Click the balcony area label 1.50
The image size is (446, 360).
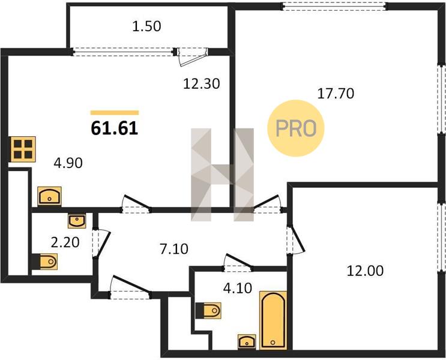click(147, 26)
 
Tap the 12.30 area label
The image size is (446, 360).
click(201, 84)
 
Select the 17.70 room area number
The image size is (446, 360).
click(336, 94)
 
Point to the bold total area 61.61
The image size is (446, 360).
click(115, 128)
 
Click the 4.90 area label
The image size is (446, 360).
click(68, 163)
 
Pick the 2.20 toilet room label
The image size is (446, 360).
click(65, 242)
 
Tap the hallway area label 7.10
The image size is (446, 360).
click(174, 250)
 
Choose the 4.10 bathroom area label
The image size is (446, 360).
click(238, 289)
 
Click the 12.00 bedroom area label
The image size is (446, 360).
click(365, 271)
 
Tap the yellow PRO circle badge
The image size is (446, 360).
click(296, 128)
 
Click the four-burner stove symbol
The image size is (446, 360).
click(23, 149)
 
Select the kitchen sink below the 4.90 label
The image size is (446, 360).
click(49, 196)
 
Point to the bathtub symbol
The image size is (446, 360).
click(273, 320)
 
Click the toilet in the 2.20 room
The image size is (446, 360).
click(45, 262)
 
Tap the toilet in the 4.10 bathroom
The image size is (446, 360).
click(208, 310)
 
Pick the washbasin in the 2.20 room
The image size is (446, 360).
click(77, 221)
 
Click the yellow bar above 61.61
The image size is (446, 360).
click(115, 113)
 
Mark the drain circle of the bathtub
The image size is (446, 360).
click(273, 343)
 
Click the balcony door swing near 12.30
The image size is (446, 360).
click(192, 58)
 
